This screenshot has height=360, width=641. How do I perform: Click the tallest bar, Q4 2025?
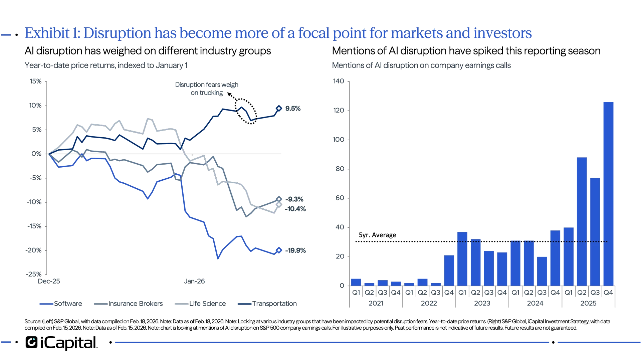pyautogui.click(x=608, y=194)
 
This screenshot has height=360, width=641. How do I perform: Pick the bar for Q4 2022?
pyautogui.click(x=449, y=270)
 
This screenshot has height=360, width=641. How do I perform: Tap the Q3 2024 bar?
pyautogui.click(x=542, y=271)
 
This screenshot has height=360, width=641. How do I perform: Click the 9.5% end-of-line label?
pyautogui.click(x=293, y=108)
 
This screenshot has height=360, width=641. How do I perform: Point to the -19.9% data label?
pyautogui.click(x=296, y=250)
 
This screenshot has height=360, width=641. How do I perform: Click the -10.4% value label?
pyautogui.click(x=296, y=209)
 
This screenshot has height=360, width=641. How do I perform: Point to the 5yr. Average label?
pyautogui.click(x=377, y=235)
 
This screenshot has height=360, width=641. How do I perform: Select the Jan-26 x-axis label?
pyautogui.click(x=194, y=281)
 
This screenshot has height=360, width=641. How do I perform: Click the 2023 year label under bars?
pyautogui.click(x=482, y=303)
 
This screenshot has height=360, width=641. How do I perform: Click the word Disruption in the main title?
pyautogui.click(x=117, y=33)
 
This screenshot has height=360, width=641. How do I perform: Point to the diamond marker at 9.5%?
pyautogui.click(x=279, y=108)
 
